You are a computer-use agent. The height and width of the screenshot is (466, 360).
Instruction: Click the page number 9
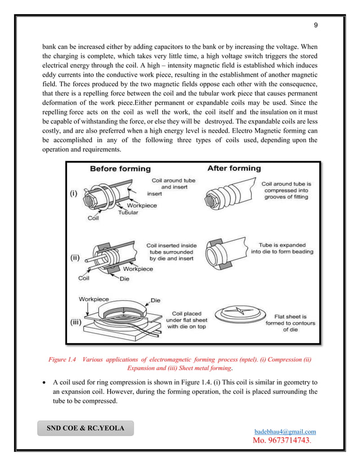coord(316,25)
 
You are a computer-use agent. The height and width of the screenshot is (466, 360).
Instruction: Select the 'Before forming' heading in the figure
coord(120,169)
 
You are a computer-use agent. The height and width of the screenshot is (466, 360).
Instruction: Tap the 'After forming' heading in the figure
coord(234,168)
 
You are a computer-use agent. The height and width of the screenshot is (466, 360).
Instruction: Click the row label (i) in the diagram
coord(74,193)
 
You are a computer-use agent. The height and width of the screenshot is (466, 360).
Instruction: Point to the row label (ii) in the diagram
coord(75,258)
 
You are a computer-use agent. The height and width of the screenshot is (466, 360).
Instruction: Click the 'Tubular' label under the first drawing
coord(129,213)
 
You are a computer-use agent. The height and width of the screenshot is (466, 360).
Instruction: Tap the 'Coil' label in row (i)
coord(93,219)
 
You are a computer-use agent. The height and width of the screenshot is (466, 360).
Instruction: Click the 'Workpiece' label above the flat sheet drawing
coord(94,300)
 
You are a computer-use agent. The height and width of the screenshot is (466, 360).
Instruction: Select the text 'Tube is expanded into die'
coord(283,249)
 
